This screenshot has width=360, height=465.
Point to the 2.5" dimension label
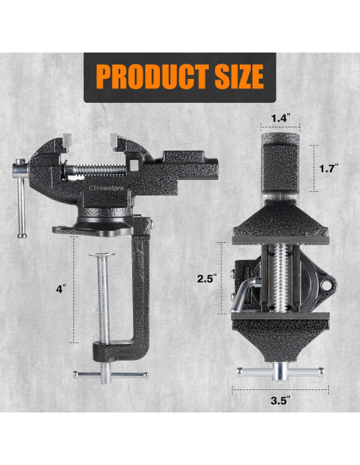pos(208,279)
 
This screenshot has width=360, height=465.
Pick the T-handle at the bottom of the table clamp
pos(109,374)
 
